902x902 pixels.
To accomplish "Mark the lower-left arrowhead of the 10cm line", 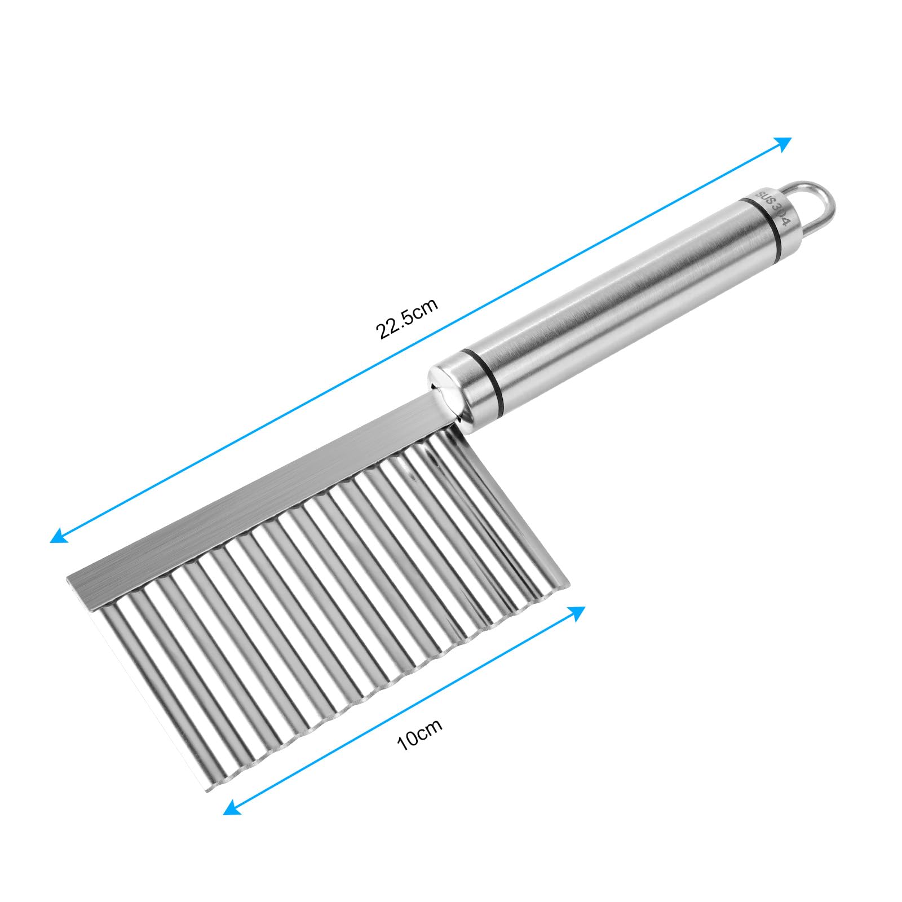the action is [232, 809].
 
